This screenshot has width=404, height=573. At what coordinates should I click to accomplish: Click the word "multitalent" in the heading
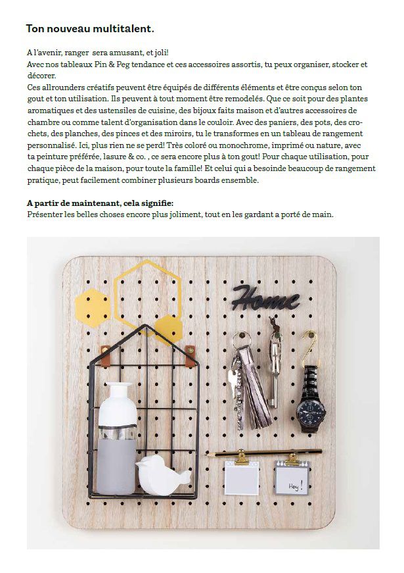coord(121,29)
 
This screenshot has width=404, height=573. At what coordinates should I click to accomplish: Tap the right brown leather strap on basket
coord(190,355)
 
